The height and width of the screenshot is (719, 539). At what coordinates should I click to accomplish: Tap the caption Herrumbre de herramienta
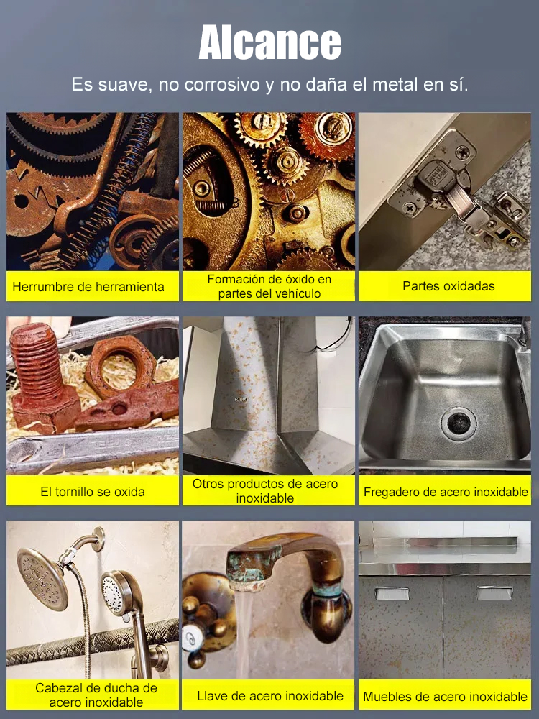point(88,287)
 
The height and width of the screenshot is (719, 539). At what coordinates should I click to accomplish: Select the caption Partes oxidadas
point(448,286)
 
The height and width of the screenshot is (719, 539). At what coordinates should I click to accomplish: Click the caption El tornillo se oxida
point(93,492)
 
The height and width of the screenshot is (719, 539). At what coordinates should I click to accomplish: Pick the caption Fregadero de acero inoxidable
point(446,493)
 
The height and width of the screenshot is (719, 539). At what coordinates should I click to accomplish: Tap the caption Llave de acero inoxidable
point(270,695)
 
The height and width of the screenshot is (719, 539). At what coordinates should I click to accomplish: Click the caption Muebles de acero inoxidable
point(445,696)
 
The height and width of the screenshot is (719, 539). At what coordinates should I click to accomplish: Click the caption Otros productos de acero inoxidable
point(264,491)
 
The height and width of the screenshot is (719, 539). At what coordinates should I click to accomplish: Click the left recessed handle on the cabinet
point(392,593)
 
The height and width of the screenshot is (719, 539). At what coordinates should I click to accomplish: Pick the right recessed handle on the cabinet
point(495,593)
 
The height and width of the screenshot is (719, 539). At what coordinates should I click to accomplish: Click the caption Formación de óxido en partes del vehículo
point(269,286)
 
